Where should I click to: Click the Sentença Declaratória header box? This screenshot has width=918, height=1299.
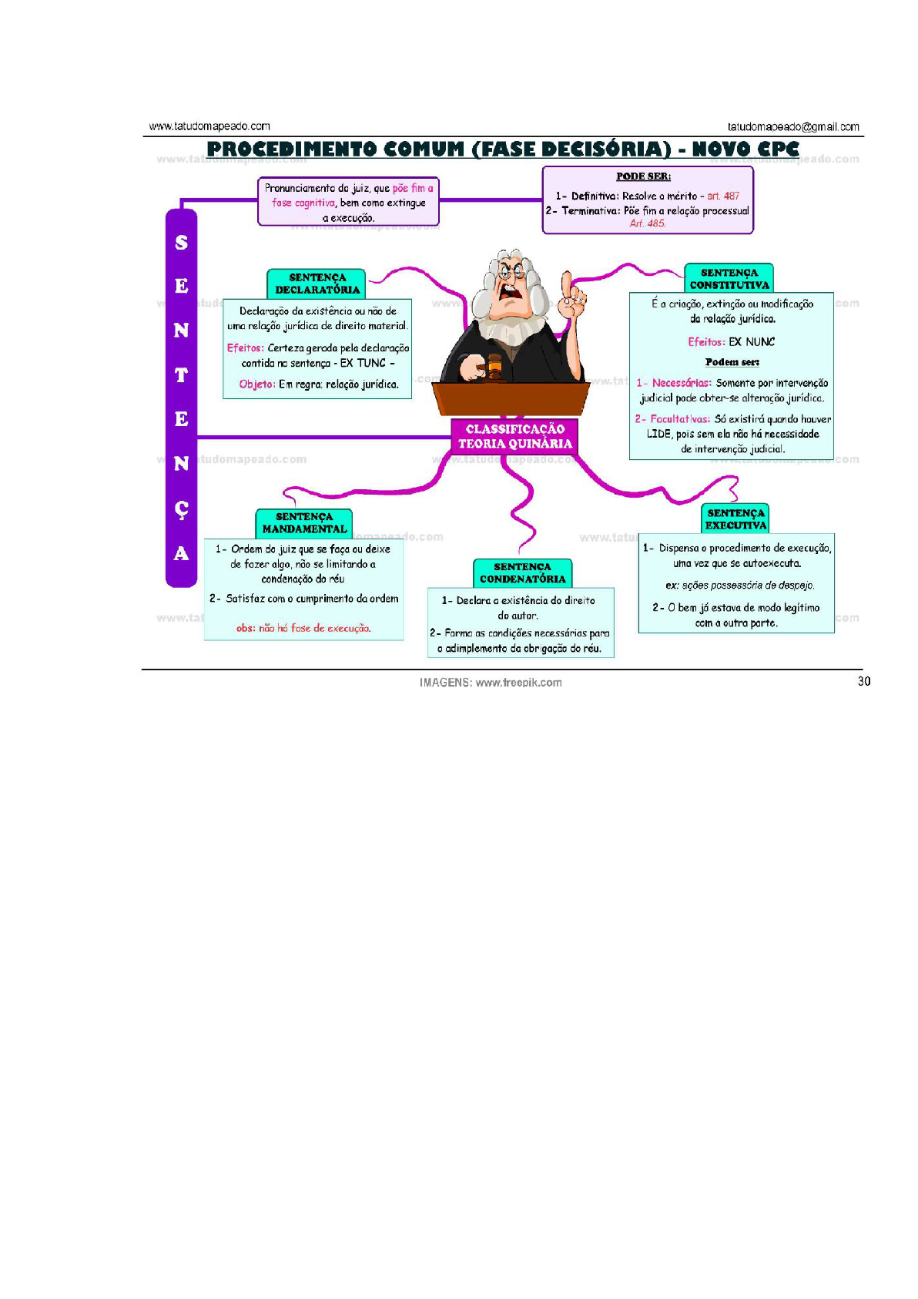[317, 284]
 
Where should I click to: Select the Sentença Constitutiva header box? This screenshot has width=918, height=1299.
[729, 279]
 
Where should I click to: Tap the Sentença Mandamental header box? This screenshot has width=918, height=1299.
[304, 523]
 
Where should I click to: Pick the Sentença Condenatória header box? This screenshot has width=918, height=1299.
[522, 573]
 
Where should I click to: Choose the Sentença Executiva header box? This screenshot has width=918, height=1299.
[735, 519]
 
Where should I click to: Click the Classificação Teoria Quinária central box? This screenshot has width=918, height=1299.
[514, 436]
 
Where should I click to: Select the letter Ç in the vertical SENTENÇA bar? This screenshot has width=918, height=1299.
[181, 509]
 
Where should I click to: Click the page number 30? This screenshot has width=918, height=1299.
[864, 681]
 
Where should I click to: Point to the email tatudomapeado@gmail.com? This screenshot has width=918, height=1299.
[793, 127]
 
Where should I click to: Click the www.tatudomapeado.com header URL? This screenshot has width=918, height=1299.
[209, 126]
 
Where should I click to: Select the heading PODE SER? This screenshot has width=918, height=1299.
[643, 176]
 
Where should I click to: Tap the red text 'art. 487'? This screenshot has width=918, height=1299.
[723, 196]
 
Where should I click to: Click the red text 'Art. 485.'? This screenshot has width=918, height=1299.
[648, 223]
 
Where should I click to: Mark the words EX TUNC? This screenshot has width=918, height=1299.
[363, 363]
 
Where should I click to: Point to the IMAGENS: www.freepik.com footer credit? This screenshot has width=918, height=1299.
[491, 683]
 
